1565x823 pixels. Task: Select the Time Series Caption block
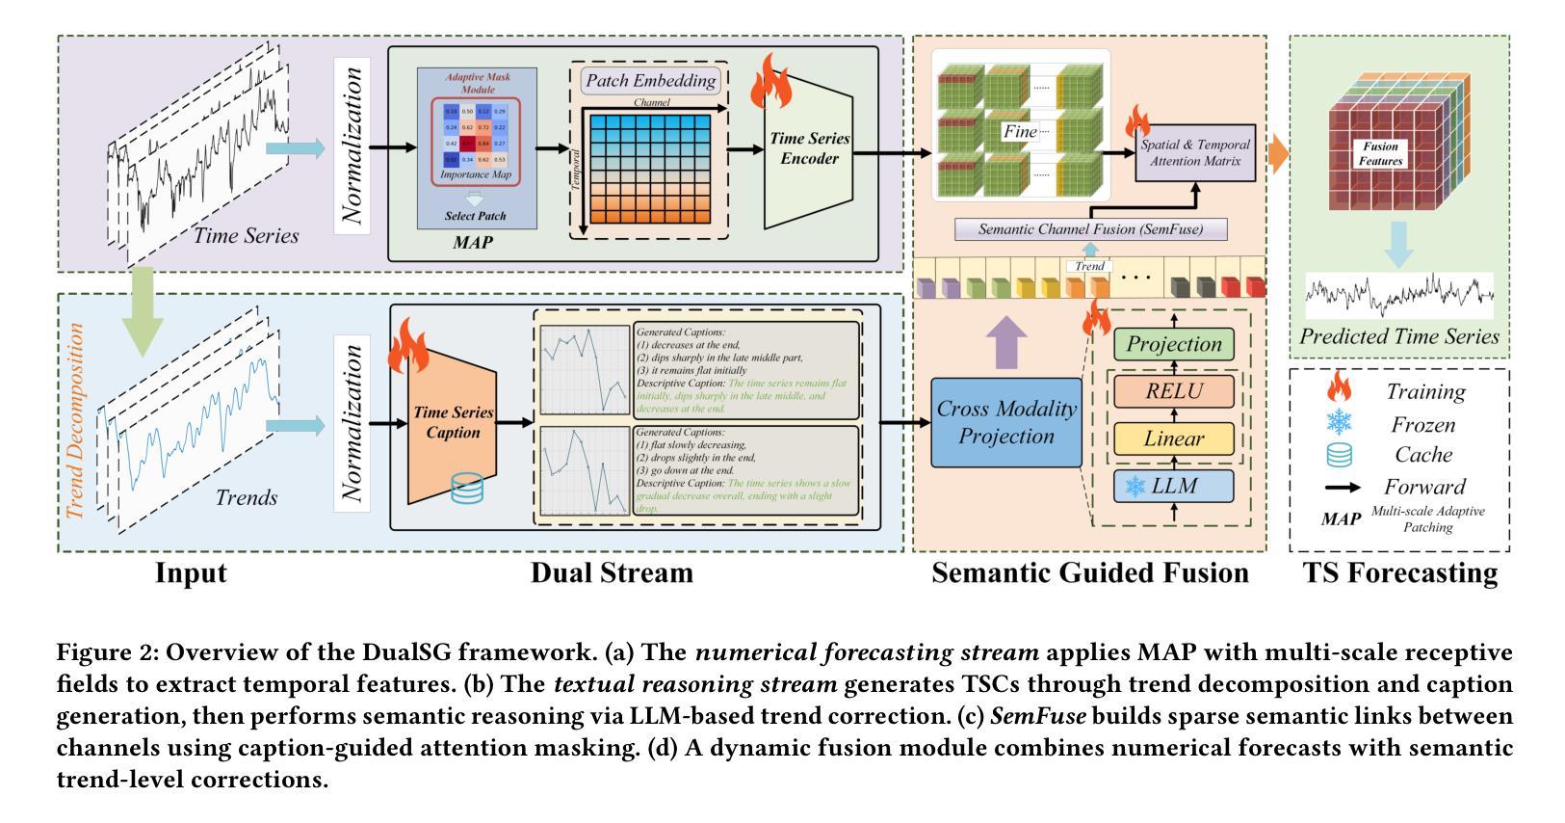(x=452, y=422)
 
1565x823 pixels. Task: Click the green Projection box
(x=1174, y=344)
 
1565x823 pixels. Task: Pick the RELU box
(x=1174, y=391)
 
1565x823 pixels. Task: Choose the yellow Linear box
(x=1174, y=438)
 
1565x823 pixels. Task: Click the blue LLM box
(x=1174, y=486)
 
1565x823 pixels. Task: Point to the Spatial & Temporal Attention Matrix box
(x=1195, y=152)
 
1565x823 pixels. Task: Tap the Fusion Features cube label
(x=1380, y=154)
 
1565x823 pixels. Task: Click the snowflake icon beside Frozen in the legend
(x=1340, y=423)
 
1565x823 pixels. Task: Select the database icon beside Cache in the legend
(x=1340, y=455)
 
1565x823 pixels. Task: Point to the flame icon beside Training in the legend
(x=1340, y=389)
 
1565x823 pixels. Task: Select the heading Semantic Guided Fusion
(x=1089, y=573)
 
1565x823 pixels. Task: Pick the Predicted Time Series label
(x=1399, y=336)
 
